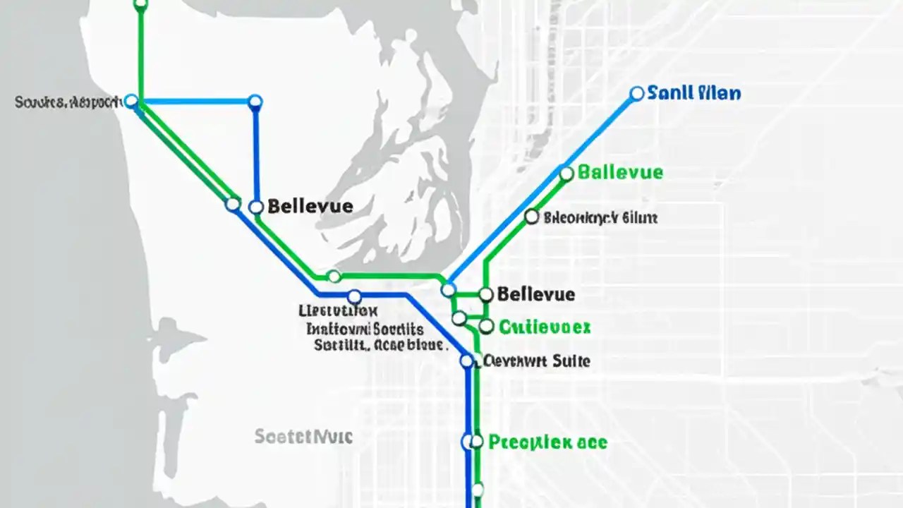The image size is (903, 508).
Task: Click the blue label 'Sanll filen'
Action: pos(693,93)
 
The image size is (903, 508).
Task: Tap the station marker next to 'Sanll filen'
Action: pos(636,93)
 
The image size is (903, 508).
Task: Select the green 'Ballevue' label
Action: pos(620,172)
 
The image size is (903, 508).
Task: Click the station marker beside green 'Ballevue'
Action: pos(566,173)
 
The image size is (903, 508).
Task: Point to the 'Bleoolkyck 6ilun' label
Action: pos(600,218)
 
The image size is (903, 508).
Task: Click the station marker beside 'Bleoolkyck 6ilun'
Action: pos(532,217)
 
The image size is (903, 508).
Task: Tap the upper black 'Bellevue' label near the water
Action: pos(310,206)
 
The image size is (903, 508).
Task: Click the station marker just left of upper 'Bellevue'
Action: pos(256,207)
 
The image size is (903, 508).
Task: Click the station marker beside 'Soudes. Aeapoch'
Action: pos(131,101)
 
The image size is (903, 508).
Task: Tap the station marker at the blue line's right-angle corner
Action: pos(255,102)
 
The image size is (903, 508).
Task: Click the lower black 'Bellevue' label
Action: pos(536,294)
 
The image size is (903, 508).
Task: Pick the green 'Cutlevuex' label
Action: pos(545,327)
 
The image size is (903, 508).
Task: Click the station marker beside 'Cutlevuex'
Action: pos(485,326)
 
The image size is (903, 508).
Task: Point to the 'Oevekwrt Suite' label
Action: pos(537,361)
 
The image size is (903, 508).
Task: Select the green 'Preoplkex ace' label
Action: pos(547,442)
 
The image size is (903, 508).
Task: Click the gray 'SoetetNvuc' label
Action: pos(303,437)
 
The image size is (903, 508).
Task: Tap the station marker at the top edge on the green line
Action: pos(140,5)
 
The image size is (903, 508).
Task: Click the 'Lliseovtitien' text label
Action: pos(339,310)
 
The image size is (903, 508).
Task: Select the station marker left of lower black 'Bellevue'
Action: pos(485,294)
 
